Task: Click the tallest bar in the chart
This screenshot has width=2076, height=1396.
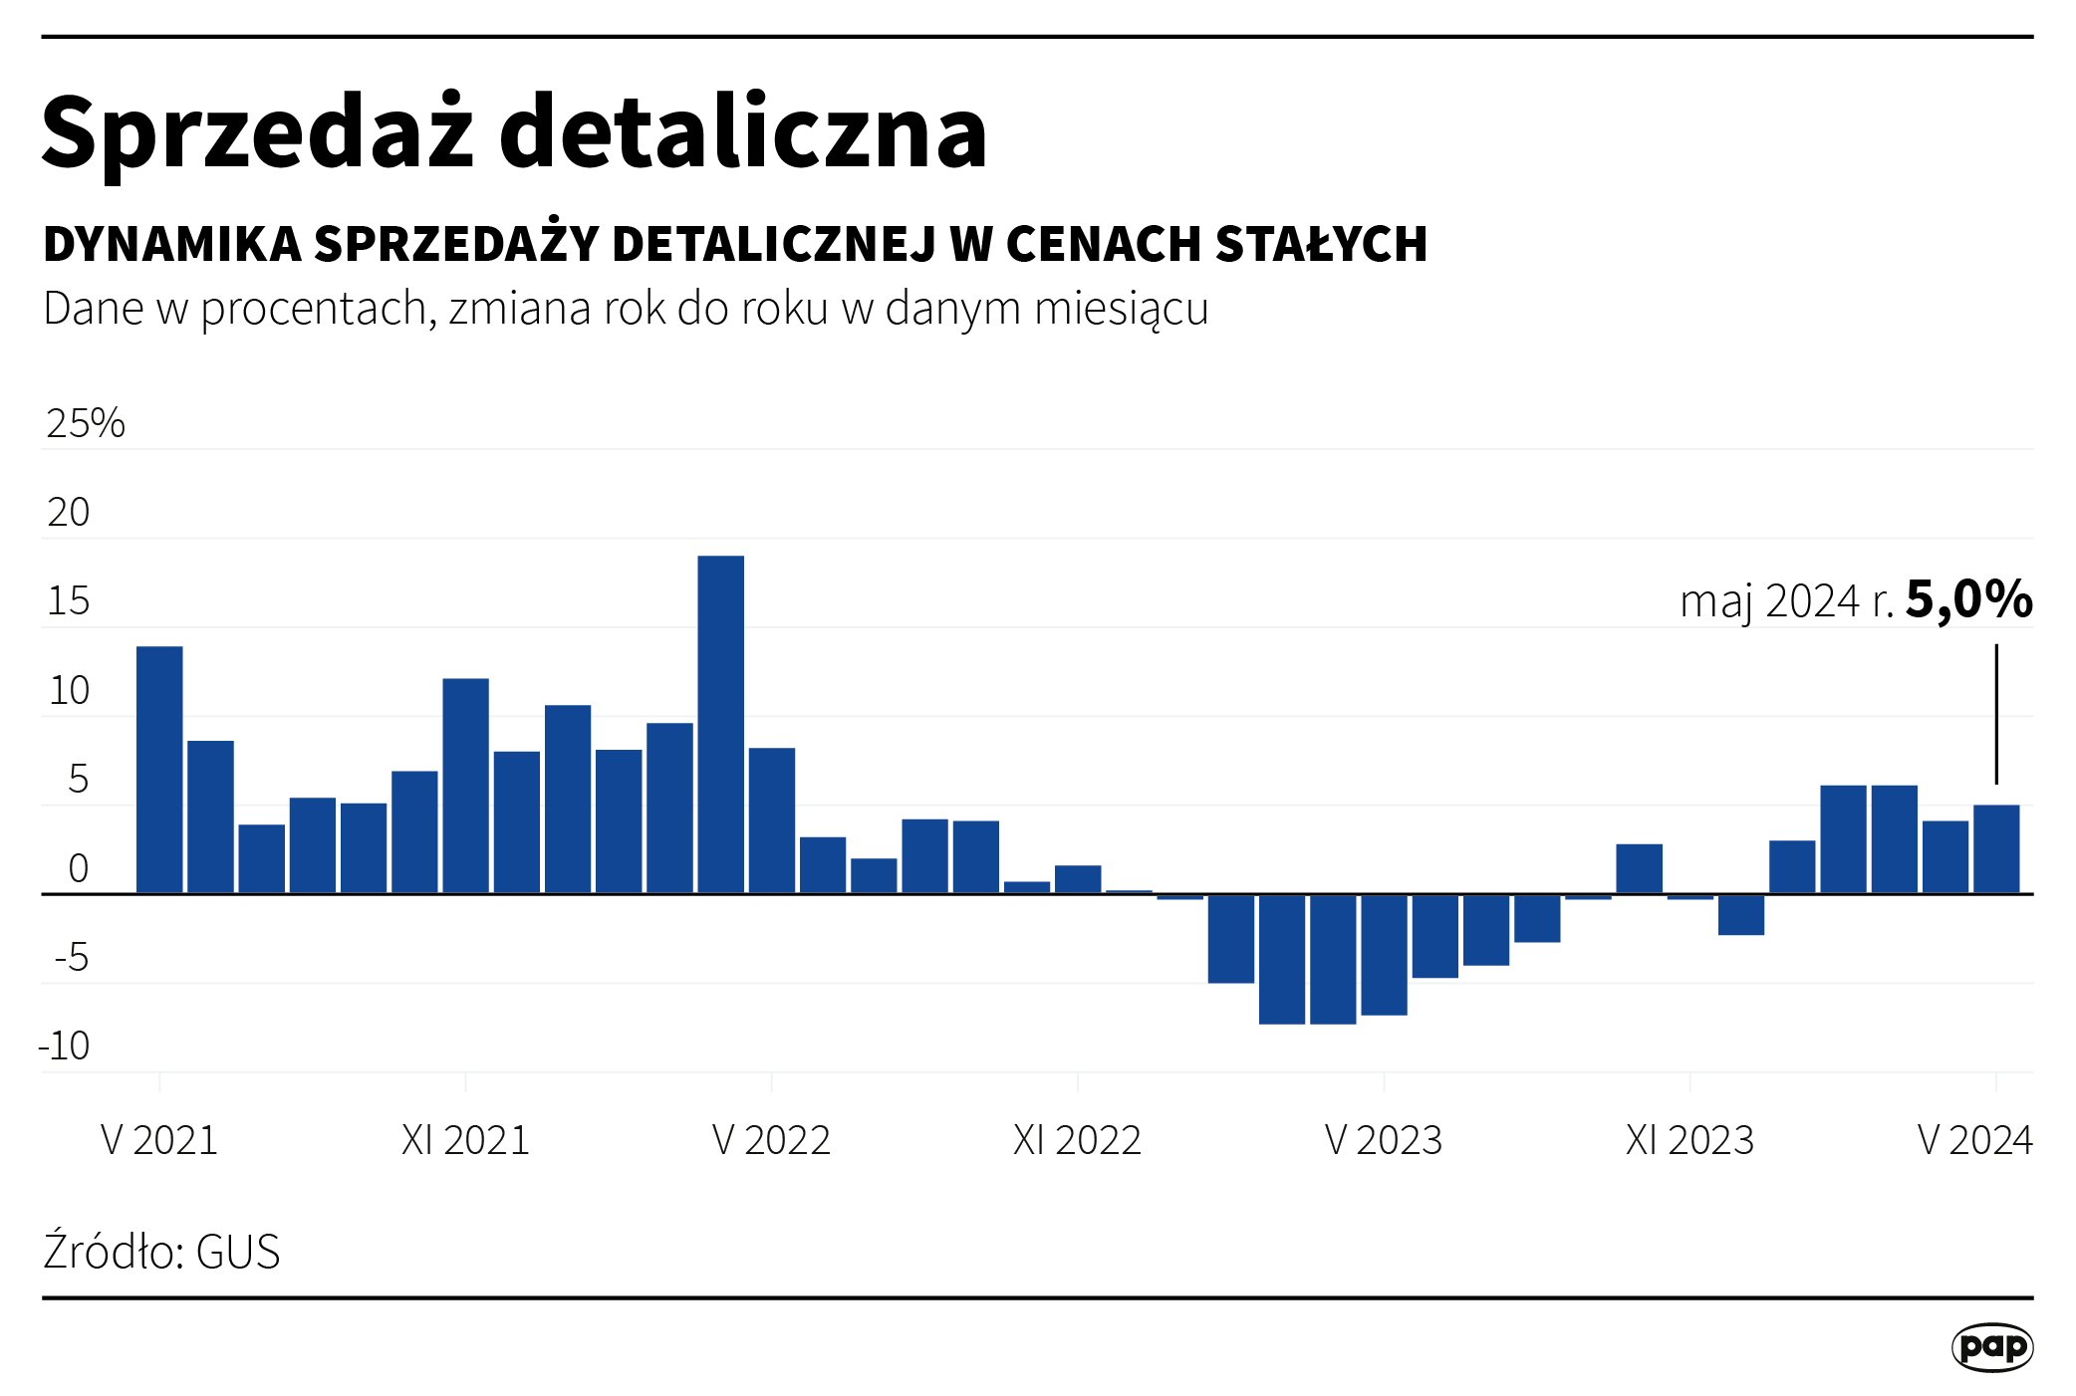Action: click(720, 724)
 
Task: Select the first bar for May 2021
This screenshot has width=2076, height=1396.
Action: click(159, 770)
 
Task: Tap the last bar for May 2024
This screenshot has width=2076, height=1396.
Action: click(1995, 849)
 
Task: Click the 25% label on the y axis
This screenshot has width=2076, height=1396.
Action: click(86, 423)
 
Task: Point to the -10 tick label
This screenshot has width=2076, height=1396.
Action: click(65, 1047)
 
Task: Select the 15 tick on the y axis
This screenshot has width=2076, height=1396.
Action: click(69, 601)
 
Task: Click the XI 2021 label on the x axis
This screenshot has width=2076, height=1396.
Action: click(465, 1140)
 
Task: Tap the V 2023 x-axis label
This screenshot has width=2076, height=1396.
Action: click(1384, 1140)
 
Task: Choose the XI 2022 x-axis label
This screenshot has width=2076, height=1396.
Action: click(1077, 1140)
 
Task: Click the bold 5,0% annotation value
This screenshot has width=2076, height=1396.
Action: click(1968, 599)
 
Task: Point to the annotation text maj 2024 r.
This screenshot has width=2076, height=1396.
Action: click(1786, 602)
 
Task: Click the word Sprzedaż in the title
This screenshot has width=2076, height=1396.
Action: click(257, 132)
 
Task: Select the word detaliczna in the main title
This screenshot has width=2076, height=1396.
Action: click(742, 132)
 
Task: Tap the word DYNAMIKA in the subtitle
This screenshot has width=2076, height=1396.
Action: click(172, 244)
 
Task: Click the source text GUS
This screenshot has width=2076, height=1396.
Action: click(238, 1252)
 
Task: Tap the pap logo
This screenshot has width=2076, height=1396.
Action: click(1991, 1347)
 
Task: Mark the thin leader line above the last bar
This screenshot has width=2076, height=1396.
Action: click(1995, 713)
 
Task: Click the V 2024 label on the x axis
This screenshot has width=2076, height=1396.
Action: click(1974, 1140)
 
